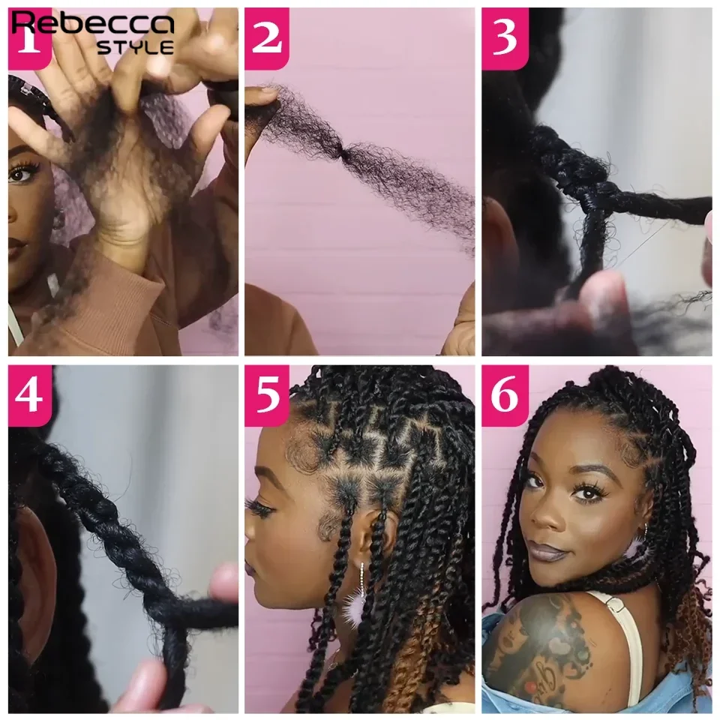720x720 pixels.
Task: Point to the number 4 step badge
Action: tap(29, 395)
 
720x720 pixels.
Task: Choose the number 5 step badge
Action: tap(266, 395)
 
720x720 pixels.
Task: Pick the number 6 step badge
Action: tap(503, 395)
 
